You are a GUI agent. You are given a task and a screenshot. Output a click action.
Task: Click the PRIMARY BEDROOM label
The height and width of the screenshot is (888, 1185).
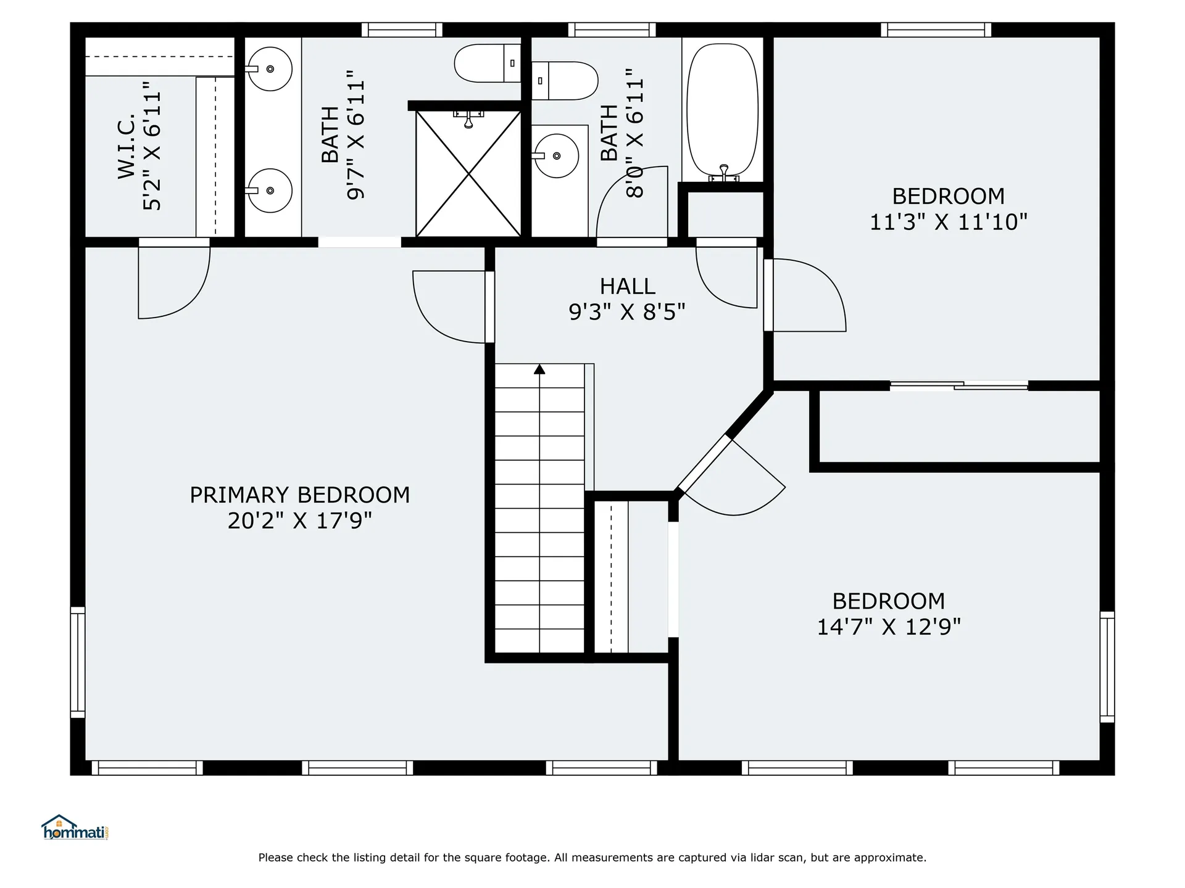pos(299,495)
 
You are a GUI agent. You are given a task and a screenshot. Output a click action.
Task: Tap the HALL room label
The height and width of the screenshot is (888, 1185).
pos(627,286)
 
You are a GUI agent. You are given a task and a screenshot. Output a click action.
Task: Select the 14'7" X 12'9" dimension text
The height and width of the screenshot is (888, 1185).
pos(889,627)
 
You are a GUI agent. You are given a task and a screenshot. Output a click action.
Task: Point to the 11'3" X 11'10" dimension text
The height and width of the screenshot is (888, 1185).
pos(949,222)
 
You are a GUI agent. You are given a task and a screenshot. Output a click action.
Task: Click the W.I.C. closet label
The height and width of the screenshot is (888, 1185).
pos(127,146)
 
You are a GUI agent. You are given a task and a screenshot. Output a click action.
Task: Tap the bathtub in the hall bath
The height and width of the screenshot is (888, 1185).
pos(723,112)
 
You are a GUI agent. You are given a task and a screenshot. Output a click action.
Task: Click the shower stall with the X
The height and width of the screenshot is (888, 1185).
pos(468,174)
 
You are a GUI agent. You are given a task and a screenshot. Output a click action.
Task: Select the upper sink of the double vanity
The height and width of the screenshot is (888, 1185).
pos(270,68)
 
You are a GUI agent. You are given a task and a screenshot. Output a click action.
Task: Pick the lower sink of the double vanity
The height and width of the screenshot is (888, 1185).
pos(270,191)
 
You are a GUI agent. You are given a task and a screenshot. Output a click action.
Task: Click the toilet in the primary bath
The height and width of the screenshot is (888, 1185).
pos(488,63)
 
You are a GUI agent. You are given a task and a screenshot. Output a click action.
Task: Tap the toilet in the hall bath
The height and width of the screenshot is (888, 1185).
pos(565,81)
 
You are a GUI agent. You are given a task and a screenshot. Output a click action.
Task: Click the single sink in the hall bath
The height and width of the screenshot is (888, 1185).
pos(555,156)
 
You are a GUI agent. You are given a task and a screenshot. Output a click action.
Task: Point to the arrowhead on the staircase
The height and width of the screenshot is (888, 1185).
pos(539,369)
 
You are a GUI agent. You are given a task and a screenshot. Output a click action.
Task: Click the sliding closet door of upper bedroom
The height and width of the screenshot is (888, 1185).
pos(959,385)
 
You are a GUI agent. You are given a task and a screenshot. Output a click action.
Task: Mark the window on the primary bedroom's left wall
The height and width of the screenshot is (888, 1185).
pos(78,662)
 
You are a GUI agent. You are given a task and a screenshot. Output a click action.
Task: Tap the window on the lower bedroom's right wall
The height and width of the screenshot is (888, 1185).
pos(1107,667)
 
